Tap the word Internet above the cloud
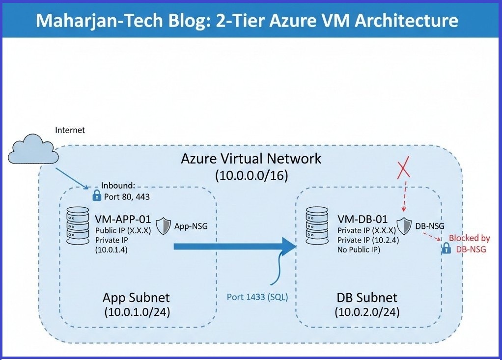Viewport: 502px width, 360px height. (70, 130)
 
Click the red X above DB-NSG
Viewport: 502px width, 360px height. (404, 170)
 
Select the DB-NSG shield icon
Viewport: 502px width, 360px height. (404, 225)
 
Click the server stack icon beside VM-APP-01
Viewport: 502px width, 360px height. (77, 225)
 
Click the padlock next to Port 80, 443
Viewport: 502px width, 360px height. (96, 196)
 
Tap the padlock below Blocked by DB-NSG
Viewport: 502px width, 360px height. (446, 249)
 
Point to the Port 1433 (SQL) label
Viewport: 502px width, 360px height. (257, 297)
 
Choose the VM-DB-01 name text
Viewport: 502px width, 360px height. (363, 219)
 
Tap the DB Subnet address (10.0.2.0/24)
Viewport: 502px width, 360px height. (367, 312)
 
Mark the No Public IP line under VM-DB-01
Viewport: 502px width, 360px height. (359, 250)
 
